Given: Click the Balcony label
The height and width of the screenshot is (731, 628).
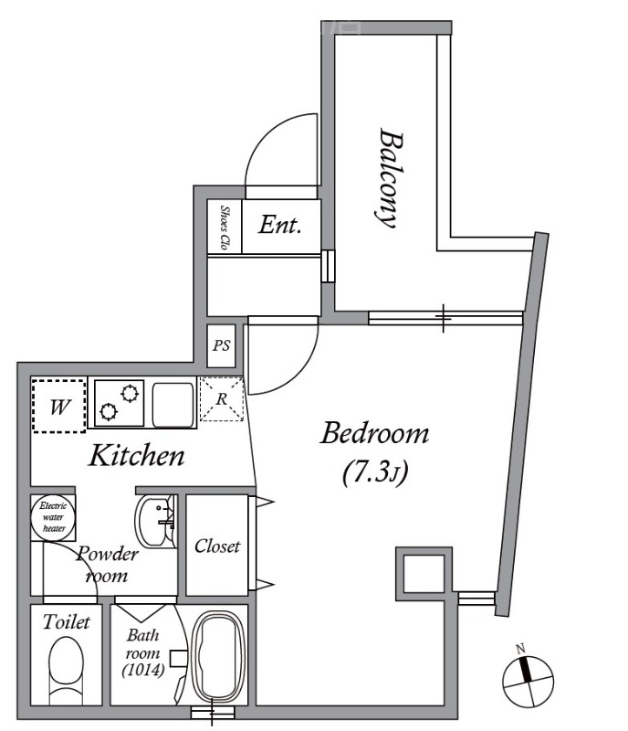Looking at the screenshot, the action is [389, 178].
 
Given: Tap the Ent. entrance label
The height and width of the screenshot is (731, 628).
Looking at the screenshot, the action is [279, 225].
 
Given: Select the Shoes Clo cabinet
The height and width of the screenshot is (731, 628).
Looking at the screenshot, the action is [225, 227].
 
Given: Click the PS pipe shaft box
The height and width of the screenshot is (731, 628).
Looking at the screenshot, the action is [221, 345].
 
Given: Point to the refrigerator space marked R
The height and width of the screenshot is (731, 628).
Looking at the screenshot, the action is [222, 399].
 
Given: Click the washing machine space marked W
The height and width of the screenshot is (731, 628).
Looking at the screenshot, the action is [58, 406].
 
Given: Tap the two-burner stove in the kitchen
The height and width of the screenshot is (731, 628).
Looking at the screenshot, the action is [120, 403].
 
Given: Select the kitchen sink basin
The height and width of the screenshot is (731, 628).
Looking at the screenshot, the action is [173, 405].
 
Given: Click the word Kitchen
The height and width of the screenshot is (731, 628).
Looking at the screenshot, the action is [137, 455].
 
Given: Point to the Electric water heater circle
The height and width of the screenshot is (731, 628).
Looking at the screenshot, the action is [54, 517].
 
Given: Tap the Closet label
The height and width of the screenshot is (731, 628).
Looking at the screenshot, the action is [217, 546].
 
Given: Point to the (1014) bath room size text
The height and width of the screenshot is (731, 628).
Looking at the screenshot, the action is [143, 671].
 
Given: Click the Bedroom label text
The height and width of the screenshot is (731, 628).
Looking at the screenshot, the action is [374, 433].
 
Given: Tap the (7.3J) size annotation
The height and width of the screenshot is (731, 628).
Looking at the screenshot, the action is [375, 473].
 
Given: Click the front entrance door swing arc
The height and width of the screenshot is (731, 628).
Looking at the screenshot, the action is [281, 150].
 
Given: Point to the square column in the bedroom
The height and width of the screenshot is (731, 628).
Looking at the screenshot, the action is [424, 574].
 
